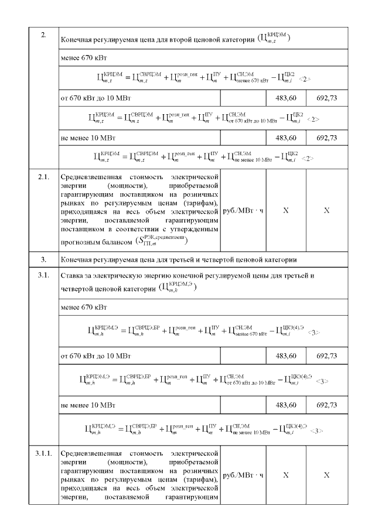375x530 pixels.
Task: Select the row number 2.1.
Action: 45,176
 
